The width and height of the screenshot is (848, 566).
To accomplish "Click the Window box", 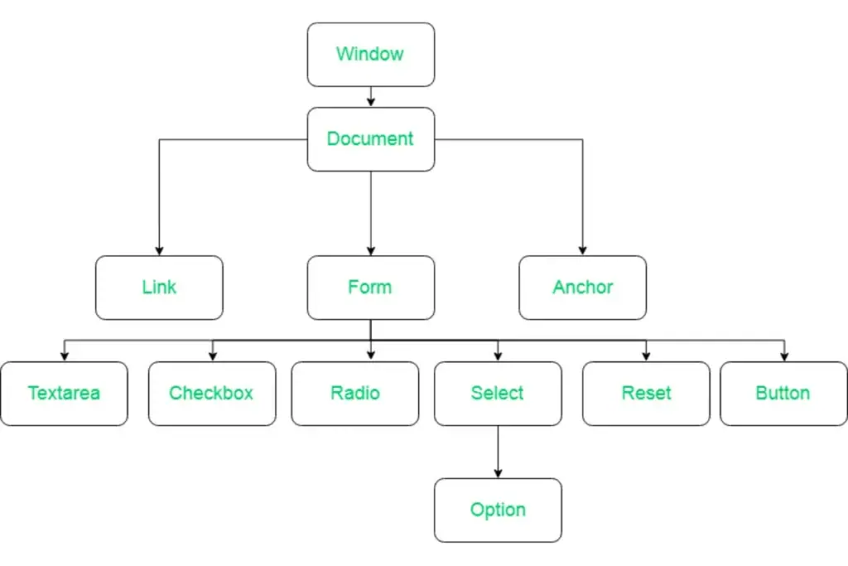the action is click(x=371, y=55).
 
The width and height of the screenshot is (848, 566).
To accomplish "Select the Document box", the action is click(x=371, y=139).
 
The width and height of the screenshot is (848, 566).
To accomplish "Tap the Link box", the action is click(x=159, y=288).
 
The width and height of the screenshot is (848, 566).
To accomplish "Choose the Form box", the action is click(x=371, y=288).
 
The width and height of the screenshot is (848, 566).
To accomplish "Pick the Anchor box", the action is click(x=582, y=288).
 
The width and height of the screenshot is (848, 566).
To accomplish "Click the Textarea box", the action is click(x=65, y=394).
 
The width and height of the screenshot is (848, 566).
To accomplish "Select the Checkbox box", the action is click(x=212, y=394).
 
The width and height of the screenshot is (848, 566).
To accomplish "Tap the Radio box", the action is click(x=354, y=394).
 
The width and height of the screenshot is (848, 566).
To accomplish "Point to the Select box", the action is click(x=498, y=394).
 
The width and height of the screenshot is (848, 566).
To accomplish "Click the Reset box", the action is click(x=646, y=394).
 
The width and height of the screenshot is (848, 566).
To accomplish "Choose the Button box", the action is click(x=783, y=394).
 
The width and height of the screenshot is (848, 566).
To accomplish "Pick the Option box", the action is click(x=498, y=510).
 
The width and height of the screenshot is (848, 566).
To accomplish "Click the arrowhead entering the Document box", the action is click(x=371, y=102).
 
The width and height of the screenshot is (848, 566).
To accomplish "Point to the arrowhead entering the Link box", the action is click(x=159, y=250).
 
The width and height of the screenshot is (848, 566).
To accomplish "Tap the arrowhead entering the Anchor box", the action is click(x=582, y=250).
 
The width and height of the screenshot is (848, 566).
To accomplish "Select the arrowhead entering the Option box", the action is click(x=498, y=473).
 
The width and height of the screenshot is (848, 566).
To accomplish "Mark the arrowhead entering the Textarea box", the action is click(x=65, y=356).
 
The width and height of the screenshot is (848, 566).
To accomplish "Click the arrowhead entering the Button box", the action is click(x=784, y=356).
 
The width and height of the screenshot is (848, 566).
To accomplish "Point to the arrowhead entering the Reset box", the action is click(x=646, y=356).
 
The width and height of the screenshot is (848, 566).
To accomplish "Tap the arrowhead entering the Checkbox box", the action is click(x=213, y=356).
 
